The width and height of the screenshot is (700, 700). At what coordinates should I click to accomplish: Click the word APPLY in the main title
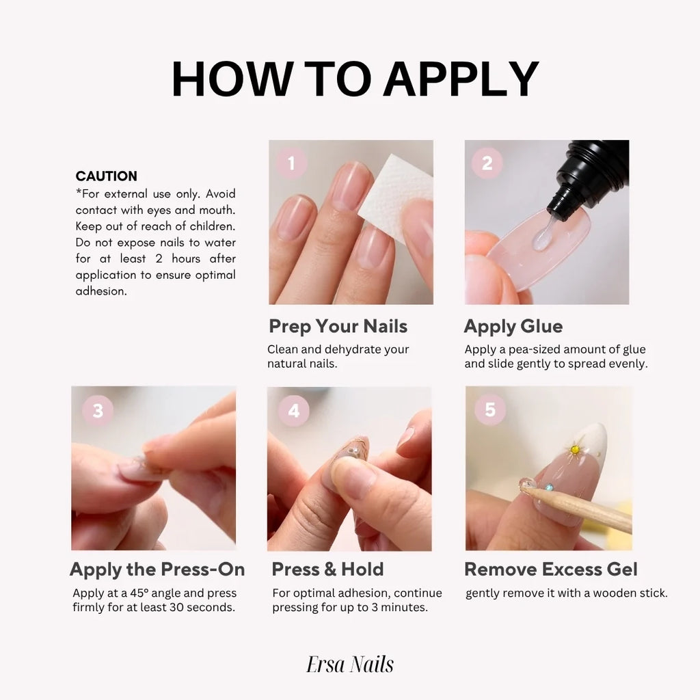tap(461, 79)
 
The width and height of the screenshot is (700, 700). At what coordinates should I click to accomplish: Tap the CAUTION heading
tap(106, 176)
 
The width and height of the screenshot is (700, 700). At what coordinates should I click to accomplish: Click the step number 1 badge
tap(291, 163)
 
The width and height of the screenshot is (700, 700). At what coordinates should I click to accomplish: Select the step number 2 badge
tap(487, 163)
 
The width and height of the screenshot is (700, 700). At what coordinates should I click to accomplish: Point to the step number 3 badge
tap(98, 410)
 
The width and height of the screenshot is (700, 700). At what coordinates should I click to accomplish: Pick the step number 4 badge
tap(293, 410)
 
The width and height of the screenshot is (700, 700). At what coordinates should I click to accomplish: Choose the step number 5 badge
tap(489, 409)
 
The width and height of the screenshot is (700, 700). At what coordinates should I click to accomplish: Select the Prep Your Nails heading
tap(338, 326)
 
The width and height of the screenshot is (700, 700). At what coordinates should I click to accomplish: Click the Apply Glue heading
tap(513, 326)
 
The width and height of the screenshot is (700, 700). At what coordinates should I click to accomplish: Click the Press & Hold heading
tap(327, 569)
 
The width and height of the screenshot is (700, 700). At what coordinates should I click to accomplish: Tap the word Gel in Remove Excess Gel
tap(621, 569)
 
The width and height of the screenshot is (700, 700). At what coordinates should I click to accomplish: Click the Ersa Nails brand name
tap(350, 664)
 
